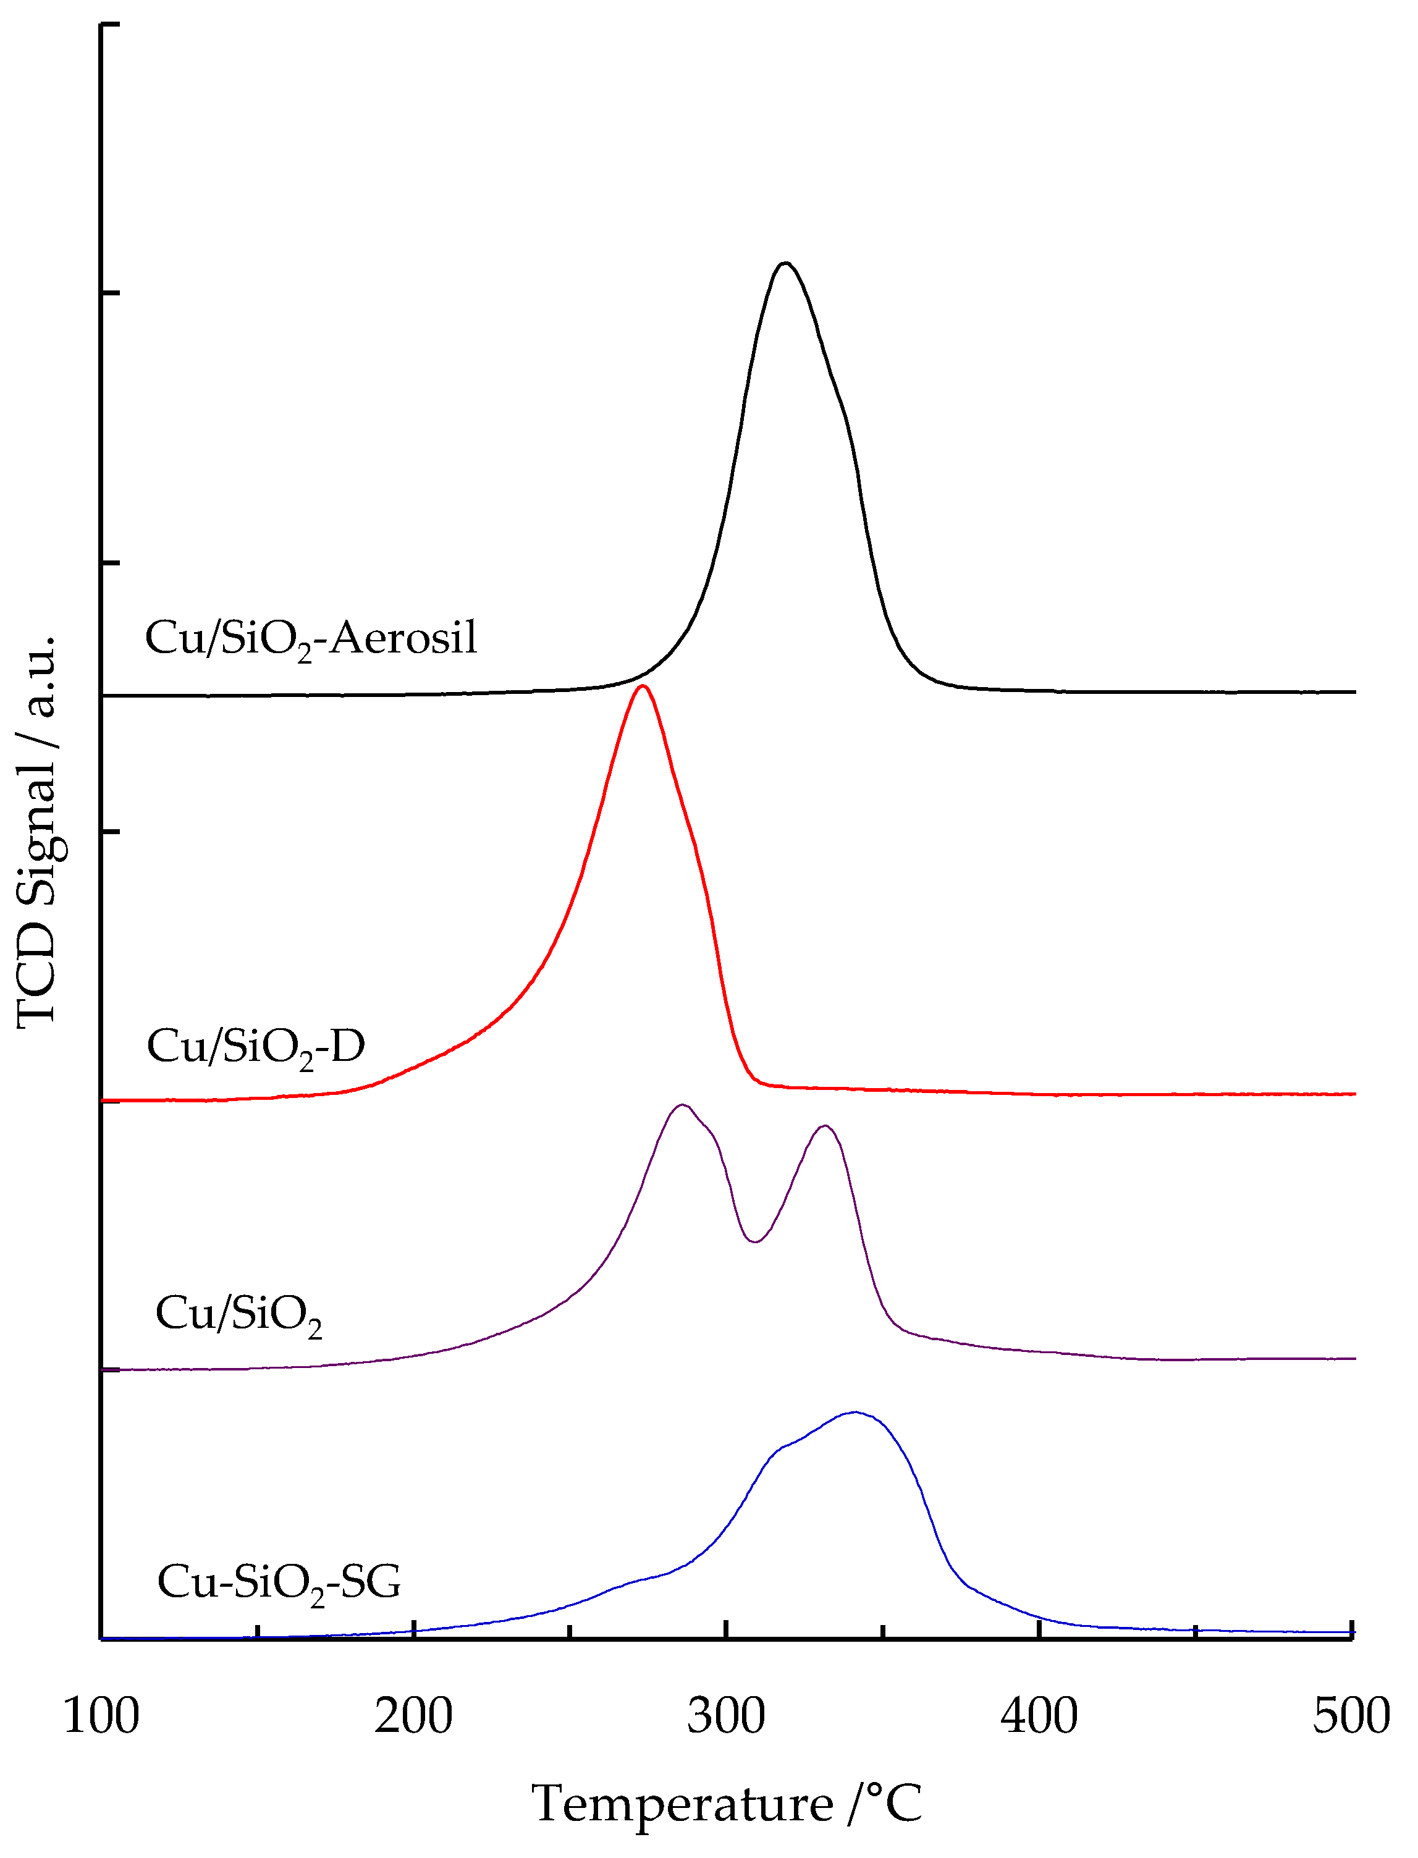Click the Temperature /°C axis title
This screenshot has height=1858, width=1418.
(x=726, y=1805)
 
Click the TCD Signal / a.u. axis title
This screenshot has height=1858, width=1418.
(x=37, y=832)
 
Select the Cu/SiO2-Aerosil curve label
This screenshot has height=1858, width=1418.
(x=311, y=639)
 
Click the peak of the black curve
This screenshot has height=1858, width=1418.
(x=785, y=263)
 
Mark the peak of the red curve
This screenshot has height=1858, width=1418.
(x=643, y=686)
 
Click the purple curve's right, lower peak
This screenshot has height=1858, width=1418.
(x=825, y=1126)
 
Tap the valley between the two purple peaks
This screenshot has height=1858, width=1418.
(x=754, y=1242)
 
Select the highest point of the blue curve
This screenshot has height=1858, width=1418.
(x=855, y=1411)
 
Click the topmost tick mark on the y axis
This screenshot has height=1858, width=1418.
(x=111, y=25)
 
